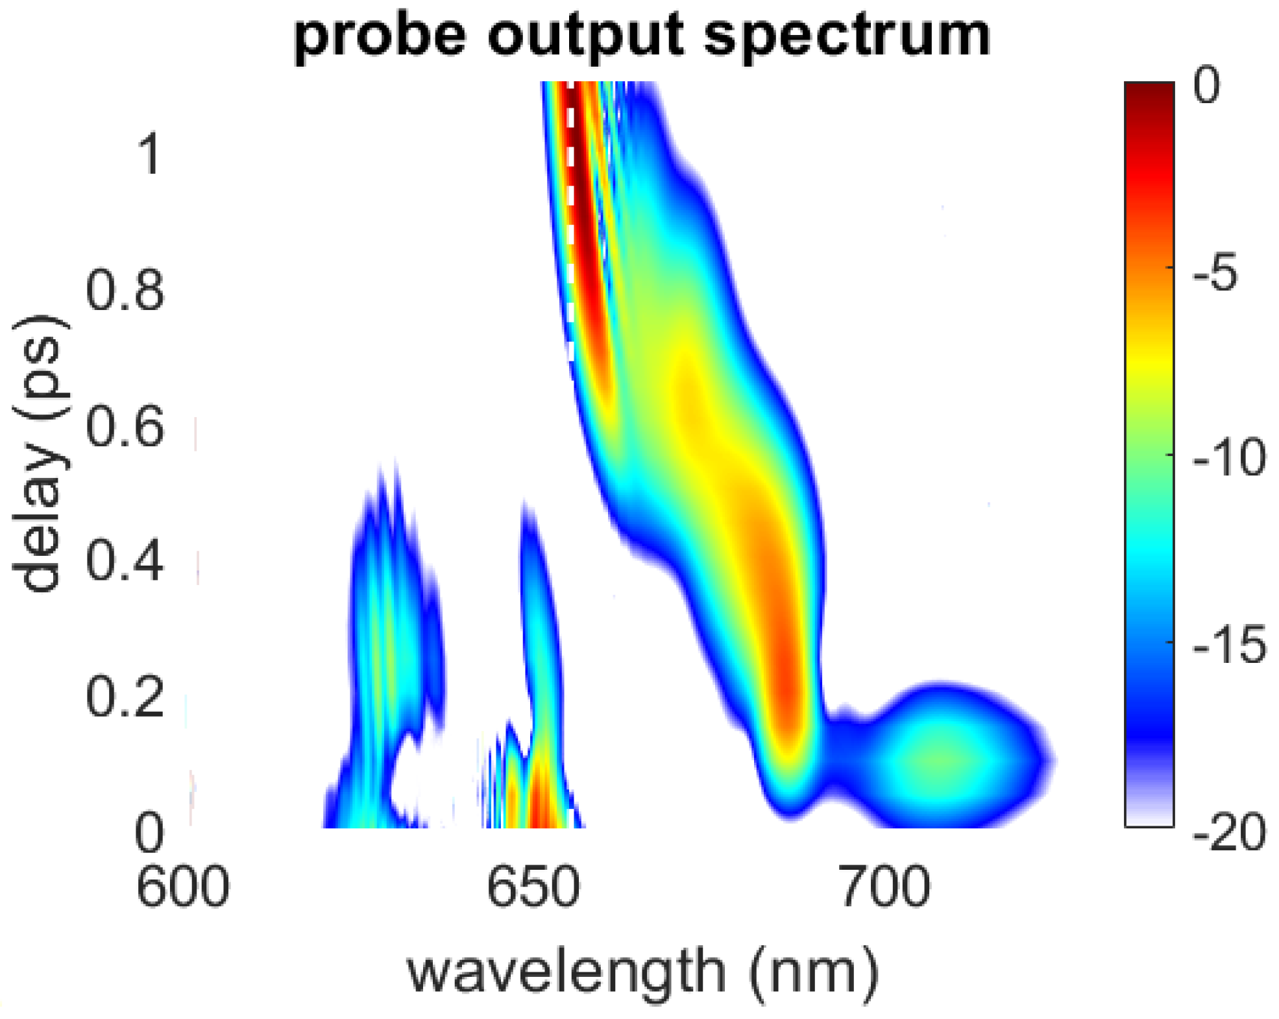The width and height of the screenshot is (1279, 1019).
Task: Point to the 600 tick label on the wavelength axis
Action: click(x=182, y=887)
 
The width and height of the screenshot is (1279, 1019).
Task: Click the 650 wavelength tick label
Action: click(x=533, y=887)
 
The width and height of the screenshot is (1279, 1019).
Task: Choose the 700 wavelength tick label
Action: click(x=884, y=887)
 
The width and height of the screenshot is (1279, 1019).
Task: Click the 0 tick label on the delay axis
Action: click(x=149, y=833)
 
